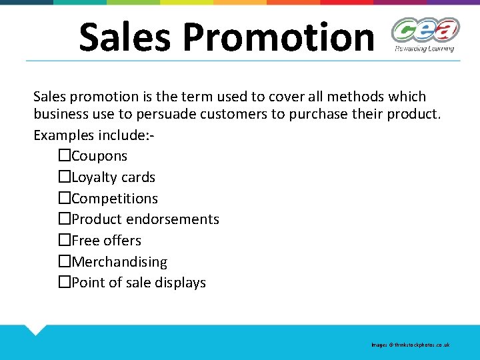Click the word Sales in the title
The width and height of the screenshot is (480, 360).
pos(125,37)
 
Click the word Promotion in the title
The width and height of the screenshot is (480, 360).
pos(278,37)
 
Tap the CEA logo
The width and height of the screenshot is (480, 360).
pos(425,30)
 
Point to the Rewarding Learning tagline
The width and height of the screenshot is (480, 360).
pos(425,48)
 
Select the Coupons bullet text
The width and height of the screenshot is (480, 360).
pos(99,156)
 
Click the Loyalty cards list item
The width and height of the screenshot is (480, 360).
pos(113,177)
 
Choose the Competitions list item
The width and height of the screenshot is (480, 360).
pos(115,199)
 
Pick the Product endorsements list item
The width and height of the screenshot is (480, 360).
pos(145,219)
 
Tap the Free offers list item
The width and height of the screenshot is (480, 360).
pos(107,241)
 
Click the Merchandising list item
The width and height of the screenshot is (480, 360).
pos(119,262)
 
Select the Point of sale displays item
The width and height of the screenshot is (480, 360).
pos(139,283)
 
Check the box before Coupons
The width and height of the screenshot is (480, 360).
pos(64,156)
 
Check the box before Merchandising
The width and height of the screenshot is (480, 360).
pos(64,262)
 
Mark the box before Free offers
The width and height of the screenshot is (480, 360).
pos(64,241)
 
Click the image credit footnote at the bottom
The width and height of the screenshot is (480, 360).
pos(411,345)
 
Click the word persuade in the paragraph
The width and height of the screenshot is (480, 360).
pos(239,114)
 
